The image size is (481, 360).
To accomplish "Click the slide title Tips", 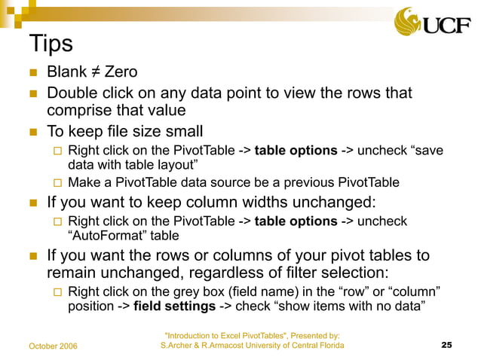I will tap(50, 43).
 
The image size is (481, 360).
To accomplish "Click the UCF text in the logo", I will tap(450, 24).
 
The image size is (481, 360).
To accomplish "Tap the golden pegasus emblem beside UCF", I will tap(412, 20).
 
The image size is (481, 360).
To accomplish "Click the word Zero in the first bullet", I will tap(121, 73).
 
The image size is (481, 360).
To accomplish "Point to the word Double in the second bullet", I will tap(73, 93).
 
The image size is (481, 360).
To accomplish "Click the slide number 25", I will tap(446, 345).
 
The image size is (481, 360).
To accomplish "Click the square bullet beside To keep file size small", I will tap(32, 133).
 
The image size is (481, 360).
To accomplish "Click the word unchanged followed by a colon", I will tap(333, 203).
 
